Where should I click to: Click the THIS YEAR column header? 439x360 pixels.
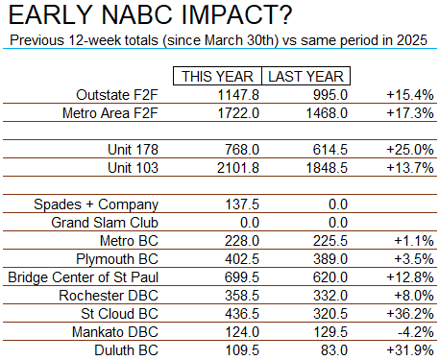217,77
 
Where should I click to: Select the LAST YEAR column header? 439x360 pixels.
305,77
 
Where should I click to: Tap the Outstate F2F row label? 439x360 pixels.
117,95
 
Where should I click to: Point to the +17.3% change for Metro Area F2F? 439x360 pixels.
410,113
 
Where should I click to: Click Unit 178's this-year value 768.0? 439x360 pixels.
242,150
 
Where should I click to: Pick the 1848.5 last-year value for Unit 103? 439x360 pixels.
327,168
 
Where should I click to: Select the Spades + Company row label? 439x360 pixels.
96,204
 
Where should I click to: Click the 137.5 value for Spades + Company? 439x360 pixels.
242,204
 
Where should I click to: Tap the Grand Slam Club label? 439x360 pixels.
105,223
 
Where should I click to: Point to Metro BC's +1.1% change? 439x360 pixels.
414,241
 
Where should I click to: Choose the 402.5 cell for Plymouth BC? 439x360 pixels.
242,259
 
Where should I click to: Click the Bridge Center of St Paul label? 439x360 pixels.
84,277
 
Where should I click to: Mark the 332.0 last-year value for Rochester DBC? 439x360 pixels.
330,296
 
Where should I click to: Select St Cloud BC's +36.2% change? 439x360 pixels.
410,314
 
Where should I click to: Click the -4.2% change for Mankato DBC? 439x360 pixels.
416,332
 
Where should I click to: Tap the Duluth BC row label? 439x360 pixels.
126,350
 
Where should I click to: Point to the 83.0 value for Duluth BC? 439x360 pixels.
334,350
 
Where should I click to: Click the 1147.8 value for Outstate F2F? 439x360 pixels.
238,95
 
